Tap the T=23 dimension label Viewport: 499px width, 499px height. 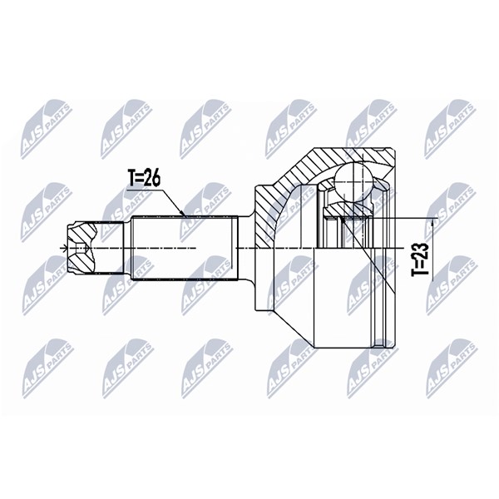[420, 259]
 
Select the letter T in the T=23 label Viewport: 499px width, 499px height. [420, 272]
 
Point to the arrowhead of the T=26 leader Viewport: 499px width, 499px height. [182, 213]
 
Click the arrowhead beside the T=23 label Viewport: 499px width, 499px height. [432, 224]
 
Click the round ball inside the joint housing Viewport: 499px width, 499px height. [353, 179]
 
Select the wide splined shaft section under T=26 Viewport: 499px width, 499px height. [185, 248]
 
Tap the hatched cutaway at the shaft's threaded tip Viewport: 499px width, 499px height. [82, 248]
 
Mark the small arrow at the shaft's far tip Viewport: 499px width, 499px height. [65, 248]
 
